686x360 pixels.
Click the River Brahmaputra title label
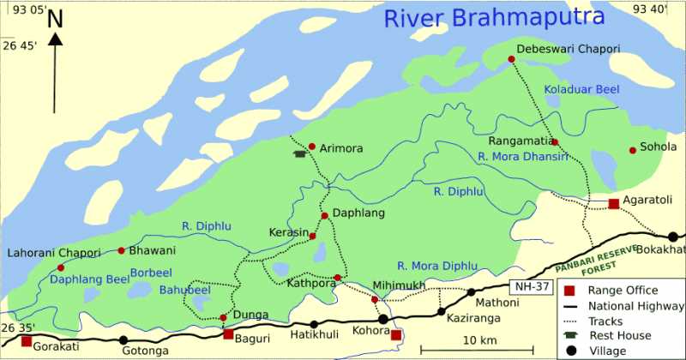tap(494, 17)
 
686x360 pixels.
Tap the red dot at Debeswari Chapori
tap(512, 59)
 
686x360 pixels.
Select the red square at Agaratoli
tap(614, 203)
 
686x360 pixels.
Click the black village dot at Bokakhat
tap(673, 237)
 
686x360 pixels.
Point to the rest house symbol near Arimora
tap(299, 154)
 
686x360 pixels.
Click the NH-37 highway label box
tap(529, 286)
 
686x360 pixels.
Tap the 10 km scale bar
tap(477, 348)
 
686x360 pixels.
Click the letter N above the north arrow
tap(56, 19)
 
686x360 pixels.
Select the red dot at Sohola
tap(633, 150)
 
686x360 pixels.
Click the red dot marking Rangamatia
tap(555, 142)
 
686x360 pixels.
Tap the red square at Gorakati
tap(27, 341)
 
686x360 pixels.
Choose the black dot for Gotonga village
tap(123, 340)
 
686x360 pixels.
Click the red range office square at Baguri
tap(228, 334)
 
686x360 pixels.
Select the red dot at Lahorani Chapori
tap(60, 268)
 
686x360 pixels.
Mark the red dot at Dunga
tap(224, 317)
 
